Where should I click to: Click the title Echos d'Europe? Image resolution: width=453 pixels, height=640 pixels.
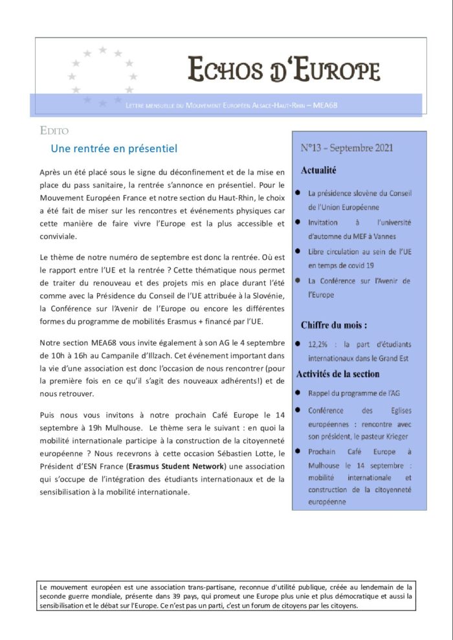[x=283, y=69]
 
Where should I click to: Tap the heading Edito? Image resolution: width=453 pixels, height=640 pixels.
[x=54, y=131]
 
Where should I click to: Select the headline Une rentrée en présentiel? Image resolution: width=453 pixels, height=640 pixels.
[x=114, y=149]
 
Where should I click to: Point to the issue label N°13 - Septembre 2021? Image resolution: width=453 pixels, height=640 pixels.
[x=347, y=148]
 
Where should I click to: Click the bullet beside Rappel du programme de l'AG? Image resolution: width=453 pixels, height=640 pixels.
[x=297, y=393]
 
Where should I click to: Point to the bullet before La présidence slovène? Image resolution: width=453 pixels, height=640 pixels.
[x=297, y=193]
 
